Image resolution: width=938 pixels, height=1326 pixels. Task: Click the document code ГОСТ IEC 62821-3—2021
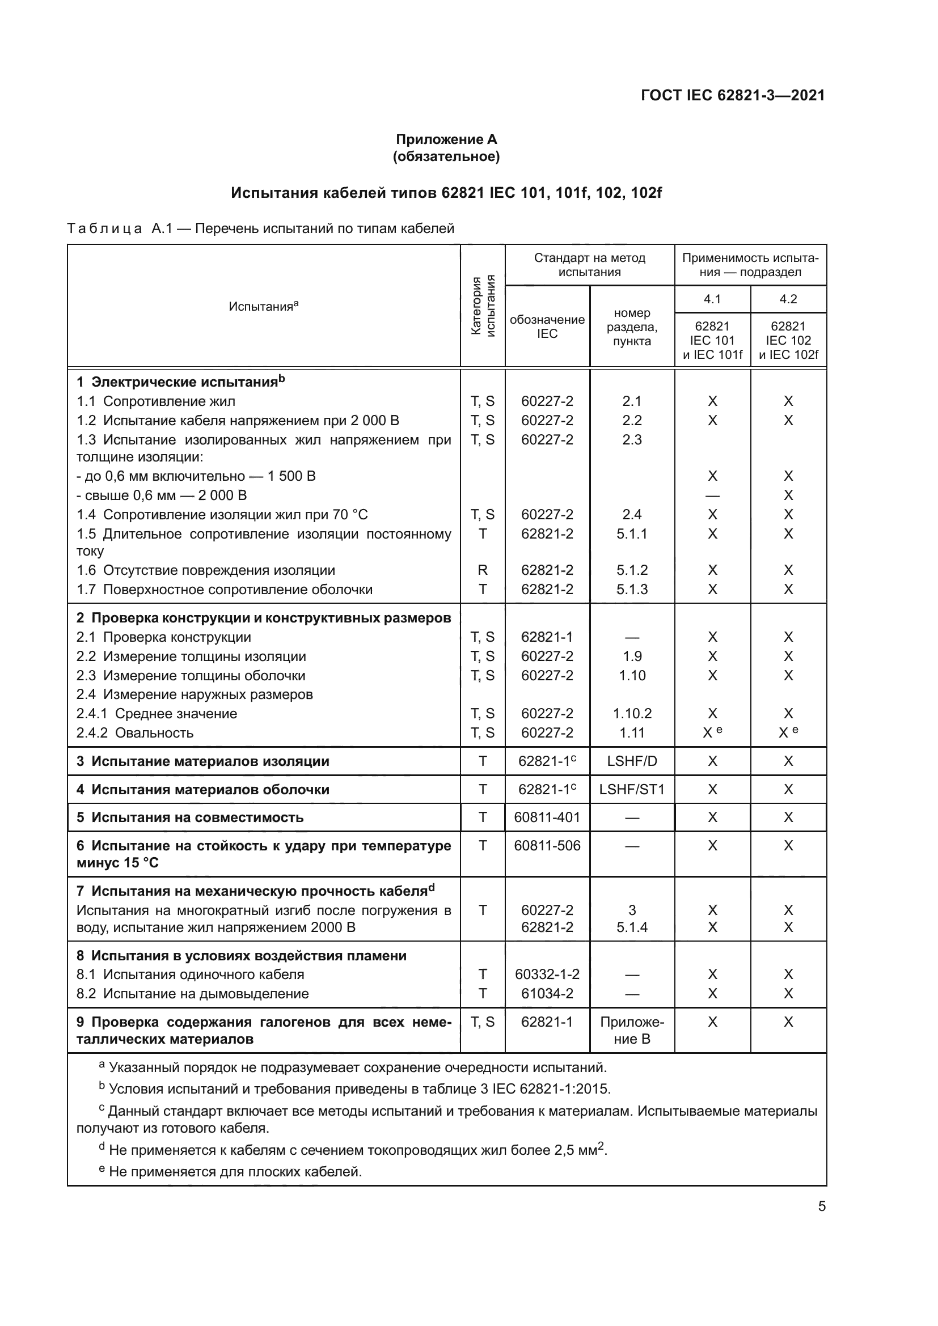click(x=732, y=95)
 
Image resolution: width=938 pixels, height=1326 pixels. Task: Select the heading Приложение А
click(x=446, y=139)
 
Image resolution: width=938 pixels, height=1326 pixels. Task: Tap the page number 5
click(x=821, y=1206)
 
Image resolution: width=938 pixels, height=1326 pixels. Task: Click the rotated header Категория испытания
click(x=483, y=306)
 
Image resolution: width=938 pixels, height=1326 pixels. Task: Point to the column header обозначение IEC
click(x=546, y=327)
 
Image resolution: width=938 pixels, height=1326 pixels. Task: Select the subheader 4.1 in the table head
click(x=712, y=299)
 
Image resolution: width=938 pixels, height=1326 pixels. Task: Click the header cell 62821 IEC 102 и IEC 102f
click(x=788, y=340)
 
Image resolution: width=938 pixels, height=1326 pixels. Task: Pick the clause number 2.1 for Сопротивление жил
click(x=631, y=401)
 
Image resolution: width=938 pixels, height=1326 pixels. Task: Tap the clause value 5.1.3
click(x=631, y=589)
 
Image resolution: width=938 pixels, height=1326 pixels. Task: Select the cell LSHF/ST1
click(x=631, y=789)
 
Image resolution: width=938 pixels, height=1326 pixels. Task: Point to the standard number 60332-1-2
click(x=546, y=974)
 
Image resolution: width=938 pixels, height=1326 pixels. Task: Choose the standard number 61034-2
click(x=546, y=993)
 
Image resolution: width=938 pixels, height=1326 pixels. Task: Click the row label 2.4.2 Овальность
click(x=134, y=732)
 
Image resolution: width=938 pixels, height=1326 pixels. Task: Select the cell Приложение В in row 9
click(x=631, y=1030)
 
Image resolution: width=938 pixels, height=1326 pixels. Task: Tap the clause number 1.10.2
click(x=631, y=713)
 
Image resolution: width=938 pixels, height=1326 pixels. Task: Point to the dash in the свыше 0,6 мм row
click(x=712, y=495)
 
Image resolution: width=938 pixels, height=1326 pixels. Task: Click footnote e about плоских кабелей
click(x=231, y=1172)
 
